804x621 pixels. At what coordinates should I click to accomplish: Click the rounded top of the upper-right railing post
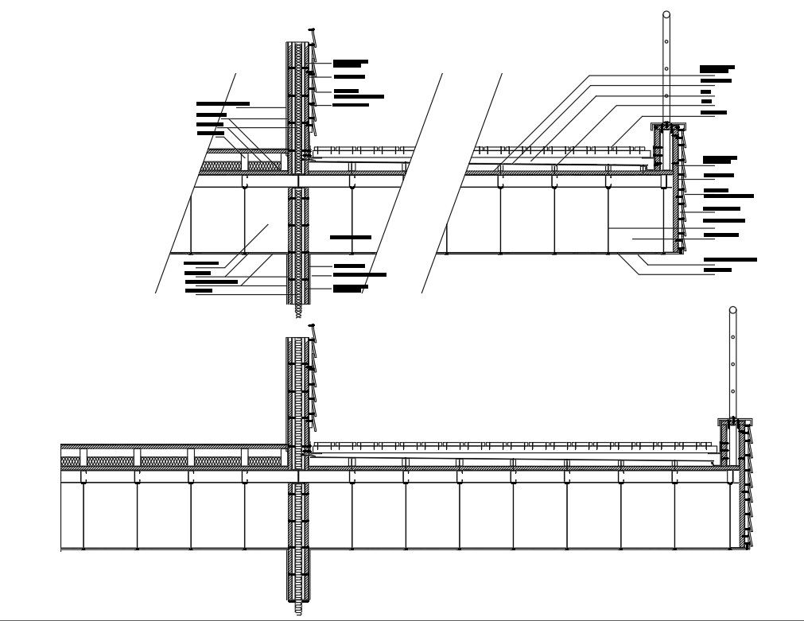666,14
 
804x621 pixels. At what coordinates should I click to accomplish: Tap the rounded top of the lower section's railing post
732,310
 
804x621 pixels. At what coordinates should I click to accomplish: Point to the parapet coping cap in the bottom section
735,421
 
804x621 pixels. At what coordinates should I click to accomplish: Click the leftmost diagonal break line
196,183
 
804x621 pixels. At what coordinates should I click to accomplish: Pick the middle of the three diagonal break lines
402,183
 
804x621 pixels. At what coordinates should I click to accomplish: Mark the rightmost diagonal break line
462,183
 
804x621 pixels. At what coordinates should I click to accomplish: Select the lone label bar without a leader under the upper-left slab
350,237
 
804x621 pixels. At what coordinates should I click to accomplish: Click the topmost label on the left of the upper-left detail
223,103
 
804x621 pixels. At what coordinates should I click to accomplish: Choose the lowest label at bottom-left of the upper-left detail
199,291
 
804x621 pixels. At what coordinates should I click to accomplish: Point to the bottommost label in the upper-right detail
717,270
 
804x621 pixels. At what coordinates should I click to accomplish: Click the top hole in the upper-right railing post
666,41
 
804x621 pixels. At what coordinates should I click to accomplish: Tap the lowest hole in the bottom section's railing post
732,390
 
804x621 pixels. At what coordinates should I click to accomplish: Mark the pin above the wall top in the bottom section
312,325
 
